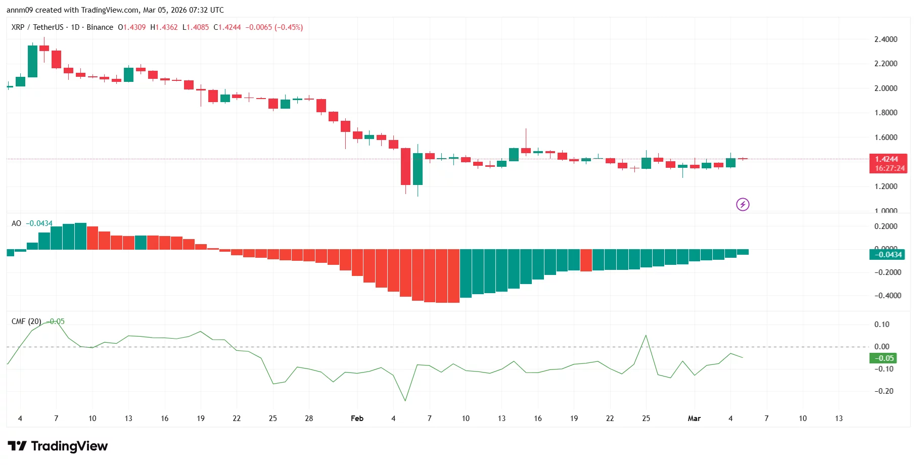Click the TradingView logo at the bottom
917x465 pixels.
coord(58,446)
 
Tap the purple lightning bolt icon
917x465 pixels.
coord(742,204)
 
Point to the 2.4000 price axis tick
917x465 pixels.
coord(886,39)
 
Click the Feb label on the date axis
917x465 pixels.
coord(357,418)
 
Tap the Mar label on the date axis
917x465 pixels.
coord(694,418)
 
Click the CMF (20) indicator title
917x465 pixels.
coord(26,321)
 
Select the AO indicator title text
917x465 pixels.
coord(16,223)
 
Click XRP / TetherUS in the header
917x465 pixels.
coord(37,27)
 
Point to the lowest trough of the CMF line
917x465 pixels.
coord(405,401)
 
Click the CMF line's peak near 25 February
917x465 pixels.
coord(646,335)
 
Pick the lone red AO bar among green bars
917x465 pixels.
coord(586,260)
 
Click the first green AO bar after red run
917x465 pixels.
coord(466,273)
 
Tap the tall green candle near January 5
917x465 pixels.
coord(32,61)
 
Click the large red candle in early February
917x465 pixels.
coord(405,166)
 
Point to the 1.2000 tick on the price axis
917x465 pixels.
coord(886,187)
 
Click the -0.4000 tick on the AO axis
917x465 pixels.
coord(888,296)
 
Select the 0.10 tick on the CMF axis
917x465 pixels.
coord(882,324)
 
